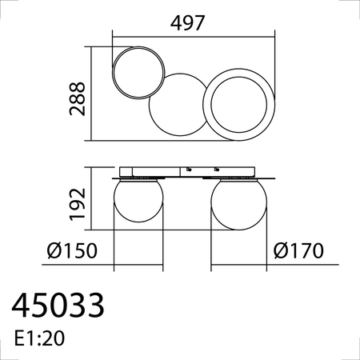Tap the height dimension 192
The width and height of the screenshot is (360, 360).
(77, 203)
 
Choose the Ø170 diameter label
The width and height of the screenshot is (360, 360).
(298, 251)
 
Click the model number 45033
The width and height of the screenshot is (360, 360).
(58, 306)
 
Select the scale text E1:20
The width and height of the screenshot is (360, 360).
(39, 338)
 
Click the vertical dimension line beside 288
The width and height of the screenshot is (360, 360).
(95, 95)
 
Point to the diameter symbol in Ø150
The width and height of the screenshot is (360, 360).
(54, 251)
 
